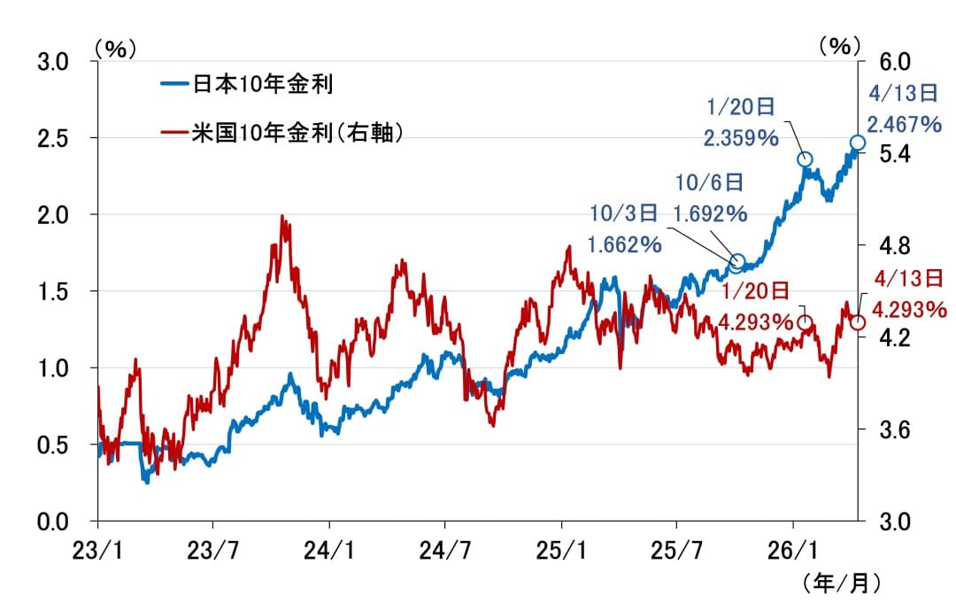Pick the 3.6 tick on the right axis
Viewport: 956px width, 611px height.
click(x=891, y=430)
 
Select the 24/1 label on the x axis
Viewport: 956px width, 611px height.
click(x=329, y=549)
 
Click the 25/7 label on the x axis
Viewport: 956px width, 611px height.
click(x=676, y=549)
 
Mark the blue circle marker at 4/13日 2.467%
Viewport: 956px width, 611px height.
click(x=858, y=143)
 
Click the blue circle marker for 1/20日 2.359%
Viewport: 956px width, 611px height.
click(x=805, y=159)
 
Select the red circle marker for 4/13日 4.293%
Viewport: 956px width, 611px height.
click(x=858, y=322)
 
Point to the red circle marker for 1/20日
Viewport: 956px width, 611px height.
click(x=805, y=323)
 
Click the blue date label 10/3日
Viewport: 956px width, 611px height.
click(x=624, y=213)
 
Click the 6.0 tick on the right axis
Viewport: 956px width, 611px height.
click(x=891, y=62)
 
